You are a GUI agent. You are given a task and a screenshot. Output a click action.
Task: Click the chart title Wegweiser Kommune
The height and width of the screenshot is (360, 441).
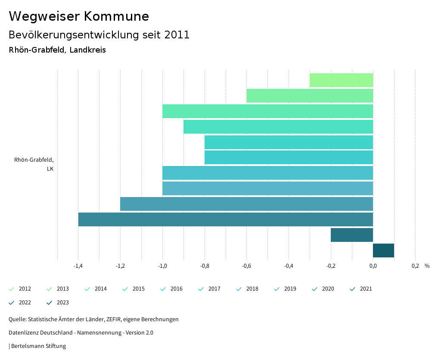[79, 16]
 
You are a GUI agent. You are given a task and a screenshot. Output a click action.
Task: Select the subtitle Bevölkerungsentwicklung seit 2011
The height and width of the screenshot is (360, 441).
[99, 35]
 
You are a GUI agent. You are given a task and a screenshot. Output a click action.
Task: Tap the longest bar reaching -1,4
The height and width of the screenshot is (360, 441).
[225, 219]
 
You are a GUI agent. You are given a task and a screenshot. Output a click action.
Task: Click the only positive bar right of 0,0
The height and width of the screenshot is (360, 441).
[383, 250]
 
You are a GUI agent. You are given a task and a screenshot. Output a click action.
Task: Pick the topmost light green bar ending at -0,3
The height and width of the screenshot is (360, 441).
[341, 80]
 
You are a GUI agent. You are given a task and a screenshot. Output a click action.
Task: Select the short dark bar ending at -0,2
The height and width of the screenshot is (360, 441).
[351, 235]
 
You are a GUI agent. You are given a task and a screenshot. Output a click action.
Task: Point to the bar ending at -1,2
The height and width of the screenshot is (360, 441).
[246, 204]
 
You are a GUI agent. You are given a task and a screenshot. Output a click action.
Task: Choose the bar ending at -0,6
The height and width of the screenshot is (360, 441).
[310, 96]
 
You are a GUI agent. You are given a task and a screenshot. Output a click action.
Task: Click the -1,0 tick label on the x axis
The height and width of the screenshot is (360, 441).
[162, 266]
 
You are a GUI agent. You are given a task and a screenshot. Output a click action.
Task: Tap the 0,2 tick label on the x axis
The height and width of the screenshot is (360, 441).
[415, 266]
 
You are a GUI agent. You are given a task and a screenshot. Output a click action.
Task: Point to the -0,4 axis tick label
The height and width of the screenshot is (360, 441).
[289, 266]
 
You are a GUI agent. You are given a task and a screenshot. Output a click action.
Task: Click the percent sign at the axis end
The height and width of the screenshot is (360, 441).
[427, 266]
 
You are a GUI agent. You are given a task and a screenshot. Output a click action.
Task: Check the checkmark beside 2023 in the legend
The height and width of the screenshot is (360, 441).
[50, 303]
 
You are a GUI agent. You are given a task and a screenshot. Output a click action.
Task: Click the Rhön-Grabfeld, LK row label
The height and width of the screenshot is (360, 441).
[34, 164]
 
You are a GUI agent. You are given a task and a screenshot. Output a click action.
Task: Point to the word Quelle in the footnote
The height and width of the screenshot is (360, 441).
[17, 319]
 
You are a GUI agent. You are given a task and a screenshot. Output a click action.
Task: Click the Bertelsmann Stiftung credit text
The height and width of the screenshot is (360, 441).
[38, 346]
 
